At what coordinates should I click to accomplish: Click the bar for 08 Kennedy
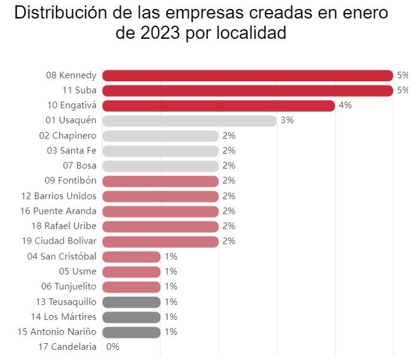pyautogui.click(x=247, y=75)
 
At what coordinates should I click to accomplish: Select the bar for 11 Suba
pyautogui.click(x=247, y=90)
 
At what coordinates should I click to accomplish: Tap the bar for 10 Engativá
pyautogui.click(x=218, y=106)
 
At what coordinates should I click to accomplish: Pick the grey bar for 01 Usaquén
pyautogui.click(x=189, y=121)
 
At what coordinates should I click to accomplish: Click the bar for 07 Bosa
pyautogui.click(x=160, y=166)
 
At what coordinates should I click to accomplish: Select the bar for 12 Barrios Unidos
pyautogui.click(x=160, y=196)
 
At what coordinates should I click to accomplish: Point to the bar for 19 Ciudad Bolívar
pyautogui.click(x=160, y=241)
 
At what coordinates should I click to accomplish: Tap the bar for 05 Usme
pyautogui.click(x=131, y=272)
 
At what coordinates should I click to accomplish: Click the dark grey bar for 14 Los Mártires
pyautogui.click(x=131, y=316)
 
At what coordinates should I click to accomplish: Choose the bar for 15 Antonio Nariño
pyautogui.click(x=131, y=332)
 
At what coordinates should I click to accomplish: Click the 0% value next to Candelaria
pyautogui.click(x=112, y=347)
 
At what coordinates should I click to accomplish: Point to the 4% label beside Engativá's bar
pyautogui.click(x=345, y=106)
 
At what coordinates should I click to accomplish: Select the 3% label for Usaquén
pyautogui.click(x=287, y=121)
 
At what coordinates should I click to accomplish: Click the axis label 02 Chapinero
pyautogui.click(x=68, y=136)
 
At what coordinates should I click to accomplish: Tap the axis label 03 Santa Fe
pyautogui.click(x=71, y=150)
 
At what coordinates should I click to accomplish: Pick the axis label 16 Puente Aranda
pyautogui.click(x=62, y=211)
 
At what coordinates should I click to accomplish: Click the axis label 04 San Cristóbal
pyautogui.click(x=62, y=256)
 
